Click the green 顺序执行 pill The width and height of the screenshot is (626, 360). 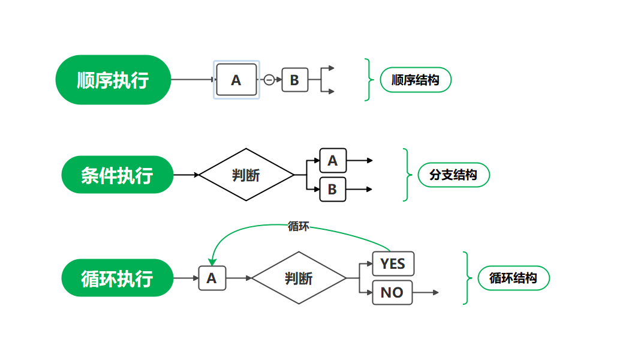113,80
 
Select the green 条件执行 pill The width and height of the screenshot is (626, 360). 118,175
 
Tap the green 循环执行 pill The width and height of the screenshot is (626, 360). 118,278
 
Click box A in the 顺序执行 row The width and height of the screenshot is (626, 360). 236,80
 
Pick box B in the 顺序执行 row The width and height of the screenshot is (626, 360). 294,80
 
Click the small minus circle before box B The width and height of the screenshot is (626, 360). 269,80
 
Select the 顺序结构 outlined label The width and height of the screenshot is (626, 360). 416,80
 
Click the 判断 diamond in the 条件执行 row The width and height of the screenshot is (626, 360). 246,175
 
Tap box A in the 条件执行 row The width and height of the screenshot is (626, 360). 333,161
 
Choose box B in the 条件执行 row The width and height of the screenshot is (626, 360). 333,190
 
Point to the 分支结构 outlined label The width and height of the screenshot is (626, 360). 454,175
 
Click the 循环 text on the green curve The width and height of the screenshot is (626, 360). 298,226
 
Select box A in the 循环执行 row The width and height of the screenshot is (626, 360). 212,278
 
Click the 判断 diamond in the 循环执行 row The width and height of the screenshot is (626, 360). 299,278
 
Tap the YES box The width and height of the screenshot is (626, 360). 393,264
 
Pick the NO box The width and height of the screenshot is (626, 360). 392,293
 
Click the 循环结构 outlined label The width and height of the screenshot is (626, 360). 513,278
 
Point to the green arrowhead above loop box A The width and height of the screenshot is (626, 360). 212,262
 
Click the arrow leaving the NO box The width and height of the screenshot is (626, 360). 426,293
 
